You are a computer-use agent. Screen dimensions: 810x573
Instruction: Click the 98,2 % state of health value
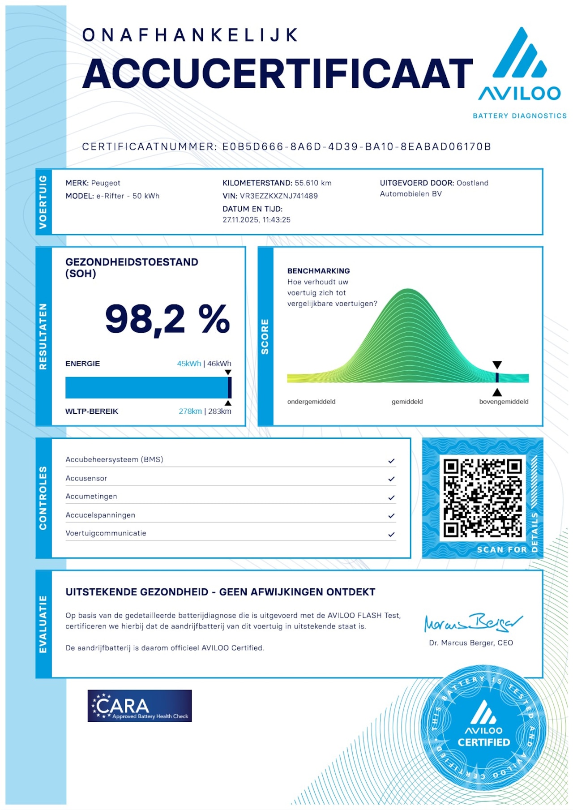(167, 319)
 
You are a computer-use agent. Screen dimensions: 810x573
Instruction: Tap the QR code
(483, 497)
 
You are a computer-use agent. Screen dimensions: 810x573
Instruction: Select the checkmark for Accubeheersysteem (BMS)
(391, 461)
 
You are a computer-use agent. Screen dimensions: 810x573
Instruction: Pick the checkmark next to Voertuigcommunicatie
(391, 534)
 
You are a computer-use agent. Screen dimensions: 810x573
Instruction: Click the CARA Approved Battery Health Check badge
(139, 706)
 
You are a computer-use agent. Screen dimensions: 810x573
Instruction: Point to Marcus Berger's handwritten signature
(473, 622)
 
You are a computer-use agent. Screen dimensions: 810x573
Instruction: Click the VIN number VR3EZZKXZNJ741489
(278, 196)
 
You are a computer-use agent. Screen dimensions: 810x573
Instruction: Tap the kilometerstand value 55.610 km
(313, 183)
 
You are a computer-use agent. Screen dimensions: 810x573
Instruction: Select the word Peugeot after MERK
(106, 183)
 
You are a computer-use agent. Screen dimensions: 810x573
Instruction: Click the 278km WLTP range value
(190, 411)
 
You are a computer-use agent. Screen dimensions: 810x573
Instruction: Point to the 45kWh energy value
(188, 364)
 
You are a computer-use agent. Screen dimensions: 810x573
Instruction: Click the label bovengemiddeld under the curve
(504, 402)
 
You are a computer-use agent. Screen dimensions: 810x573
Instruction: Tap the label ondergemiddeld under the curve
(311, 402)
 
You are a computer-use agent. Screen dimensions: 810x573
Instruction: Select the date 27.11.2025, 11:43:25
(257, 220)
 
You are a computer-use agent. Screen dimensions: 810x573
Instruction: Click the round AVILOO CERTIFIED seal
(483, 728)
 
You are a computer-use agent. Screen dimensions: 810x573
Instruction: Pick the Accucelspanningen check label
(100, 515)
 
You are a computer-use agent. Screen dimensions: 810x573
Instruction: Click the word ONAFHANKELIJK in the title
(190, 35)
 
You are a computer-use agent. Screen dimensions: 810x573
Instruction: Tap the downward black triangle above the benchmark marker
(497, 365)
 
